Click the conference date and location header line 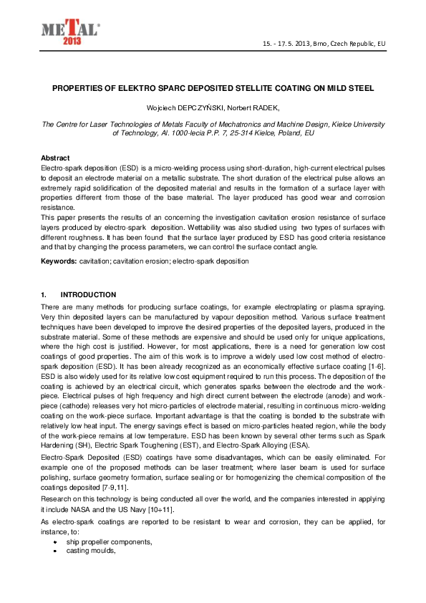point(324,44)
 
